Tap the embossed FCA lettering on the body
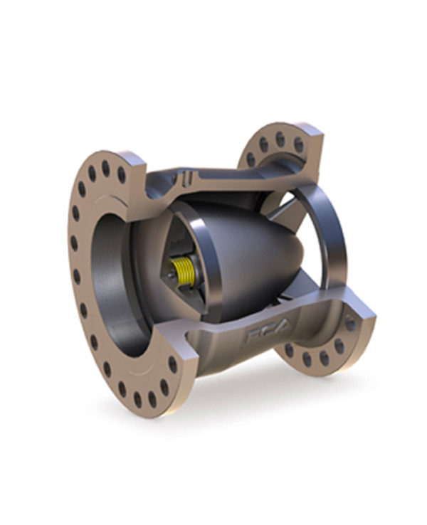tap(268, 334)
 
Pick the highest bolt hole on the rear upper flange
tap(280, 136)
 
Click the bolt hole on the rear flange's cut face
tap(349, 323)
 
